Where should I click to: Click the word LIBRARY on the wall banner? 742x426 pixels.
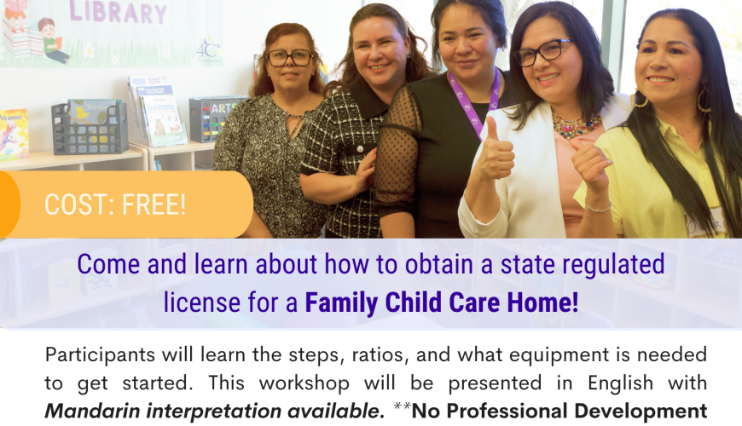click(x=118, y=12)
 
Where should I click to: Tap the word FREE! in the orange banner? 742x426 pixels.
click(x=154, y=204)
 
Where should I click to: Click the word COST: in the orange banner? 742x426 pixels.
click(x=79, y=204)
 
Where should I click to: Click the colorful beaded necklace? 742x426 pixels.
click(x=577, y=125)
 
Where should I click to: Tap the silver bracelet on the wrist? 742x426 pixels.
click(x=597, y=207)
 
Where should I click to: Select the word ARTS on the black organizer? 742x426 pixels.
click(x=223, y=108)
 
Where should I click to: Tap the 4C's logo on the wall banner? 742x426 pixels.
click(x=208, y=49)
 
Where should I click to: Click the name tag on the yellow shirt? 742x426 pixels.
click(x=705, y=225)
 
